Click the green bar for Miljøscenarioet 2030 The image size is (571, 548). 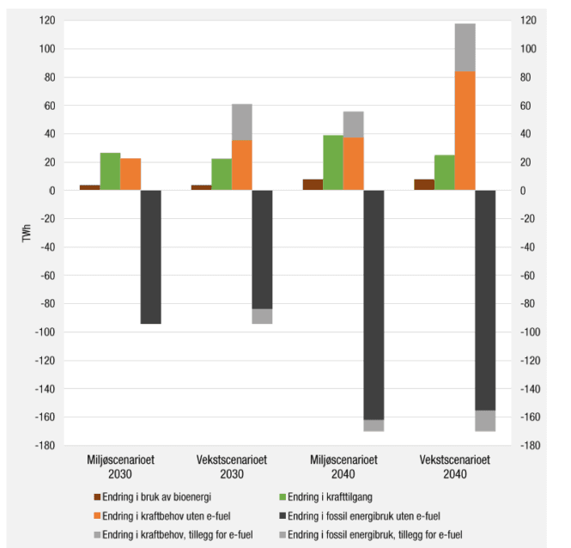[x=110, y=172]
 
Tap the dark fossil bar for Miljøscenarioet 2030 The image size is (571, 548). [x=151, y=257]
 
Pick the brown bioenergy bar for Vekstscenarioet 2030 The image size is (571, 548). [x=201, y=187]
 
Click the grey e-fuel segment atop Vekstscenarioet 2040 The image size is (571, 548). [x=465, y=47]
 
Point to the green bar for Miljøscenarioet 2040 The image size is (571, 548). [x=333, y=162]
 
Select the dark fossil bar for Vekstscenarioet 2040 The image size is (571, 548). [x=486, y=301]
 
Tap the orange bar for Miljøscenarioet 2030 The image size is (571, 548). [x=131, y=174]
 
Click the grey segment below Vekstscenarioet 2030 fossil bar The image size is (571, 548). [x=262, y=316]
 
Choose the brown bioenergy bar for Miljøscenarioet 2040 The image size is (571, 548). [x=313, y=185]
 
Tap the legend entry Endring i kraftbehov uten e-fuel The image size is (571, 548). [x=160, y=515]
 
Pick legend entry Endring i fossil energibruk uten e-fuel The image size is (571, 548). [x=361, y=515]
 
